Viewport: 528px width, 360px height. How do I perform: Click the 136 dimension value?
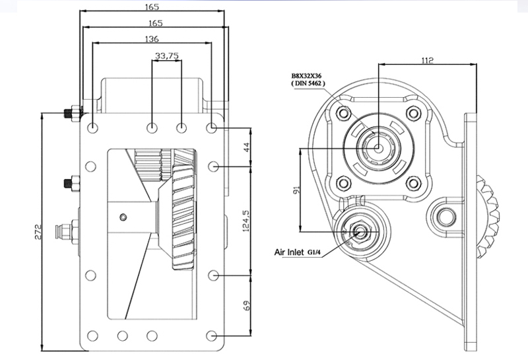coord(152,39)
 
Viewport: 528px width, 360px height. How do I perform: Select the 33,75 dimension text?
coord(167,55)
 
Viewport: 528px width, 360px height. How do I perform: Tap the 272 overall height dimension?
coord(38,232)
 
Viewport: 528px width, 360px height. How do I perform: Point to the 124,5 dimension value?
coord(246,221)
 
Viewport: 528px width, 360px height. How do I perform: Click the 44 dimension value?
coord(246,147)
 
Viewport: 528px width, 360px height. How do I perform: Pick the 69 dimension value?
coord(246,305)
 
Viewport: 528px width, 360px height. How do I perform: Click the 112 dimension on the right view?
coord(427,60)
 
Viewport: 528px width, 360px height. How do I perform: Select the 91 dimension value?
coord(296,190)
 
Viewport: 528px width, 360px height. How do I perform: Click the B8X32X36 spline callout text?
coord(306,76)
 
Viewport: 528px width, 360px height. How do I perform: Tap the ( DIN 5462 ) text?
coord(308,83)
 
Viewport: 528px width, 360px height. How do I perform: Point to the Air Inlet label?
coord(289,252)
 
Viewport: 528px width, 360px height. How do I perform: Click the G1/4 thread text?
coord(313,252)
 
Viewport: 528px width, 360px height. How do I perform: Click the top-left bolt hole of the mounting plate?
coord(92,127)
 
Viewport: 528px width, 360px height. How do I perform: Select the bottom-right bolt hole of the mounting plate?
coord(211,336)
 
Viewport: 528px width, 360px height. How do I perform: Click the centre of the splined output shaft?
coord(378,148)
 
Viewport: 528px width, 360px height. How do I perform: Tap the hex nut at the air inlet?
coord(358,232)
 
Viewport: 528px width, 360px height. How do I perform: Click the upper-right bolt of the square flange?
coord(414,113)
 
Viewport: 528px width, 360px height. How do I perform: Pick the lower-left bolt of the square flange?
coord(343,184)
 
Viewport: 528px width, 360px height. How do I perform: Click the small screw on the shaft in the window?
coord(123,217)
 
